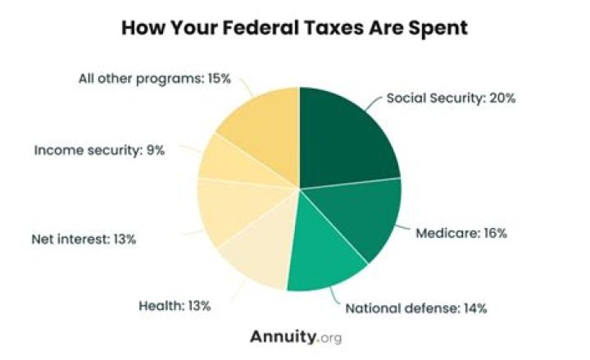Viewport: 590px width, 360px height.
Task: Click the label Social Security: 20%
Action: tap(450, 98)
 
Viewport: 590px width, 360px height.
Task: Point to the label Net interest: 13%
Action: tap(84, 240)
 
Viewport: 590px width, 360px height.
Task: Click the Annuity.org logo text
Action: tap(296, 336)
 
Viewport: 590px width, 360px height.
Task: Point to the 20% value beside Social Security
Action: tap(501, 98)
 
